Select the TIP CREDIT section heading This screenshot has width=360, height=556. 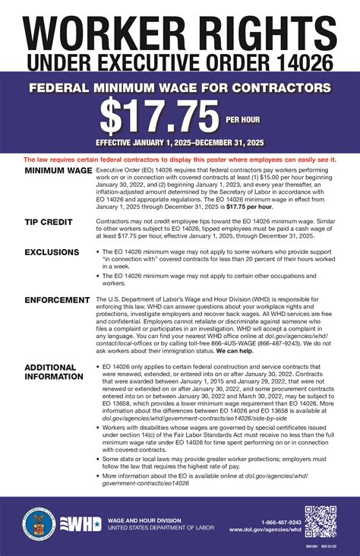[x=49, y=222]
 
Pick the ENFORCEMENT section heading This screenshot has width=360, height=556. [x=57, y=301]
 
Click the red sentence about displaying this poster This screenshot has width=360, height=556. [x=179, y=160]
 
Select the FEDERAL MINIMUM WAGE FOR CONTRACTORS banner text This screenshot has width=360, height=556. [x=179, y=88]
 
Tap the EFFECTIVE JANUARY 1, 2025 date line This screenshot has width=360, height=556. [x=179, y=142]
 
